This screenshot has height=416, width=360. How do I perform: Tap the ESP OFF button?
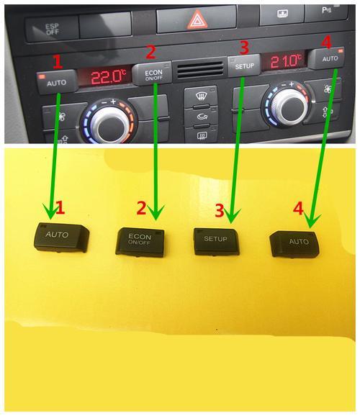52,28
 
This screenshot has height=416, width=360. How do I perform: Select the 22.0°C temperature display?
107,77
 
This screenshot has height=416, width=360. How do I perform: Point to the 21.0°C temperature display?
285,61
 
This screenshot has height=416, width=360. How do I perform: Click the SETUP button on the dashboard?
243,65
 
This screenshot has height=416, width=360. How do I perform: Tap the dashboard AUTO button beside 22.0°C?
57,82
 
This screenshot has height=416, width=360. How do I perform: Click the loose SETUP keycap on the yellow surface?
216,241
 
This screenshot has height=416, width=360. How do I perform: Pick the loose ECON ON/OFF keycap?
140,242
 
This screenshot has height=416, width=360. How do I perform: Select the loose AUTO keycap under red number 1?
61,238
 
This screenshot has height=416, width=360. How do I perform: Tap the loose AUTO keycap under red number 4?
294,244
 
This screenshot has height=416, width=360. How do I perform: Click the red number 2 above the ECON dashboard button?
150,53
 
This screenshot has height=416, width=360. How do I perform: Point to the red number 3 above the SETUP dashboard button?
244,48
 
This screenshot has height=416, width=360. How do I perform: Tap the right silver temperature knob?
290,107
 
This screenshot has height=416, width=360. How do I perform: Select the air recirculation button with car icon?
201,116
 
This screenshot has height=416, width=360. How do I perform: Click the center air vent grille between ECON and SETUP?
200,70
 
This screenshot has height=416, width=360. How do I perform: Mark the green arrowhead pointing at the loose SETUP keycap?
232,215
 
